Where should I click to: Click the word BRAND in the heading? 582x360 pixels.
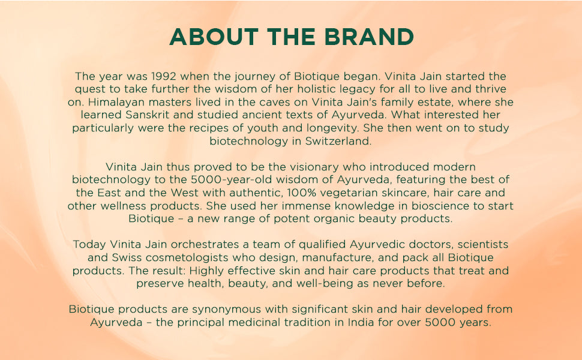[368, 37]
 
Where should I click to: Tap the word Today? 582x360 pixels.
[88, 245]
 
